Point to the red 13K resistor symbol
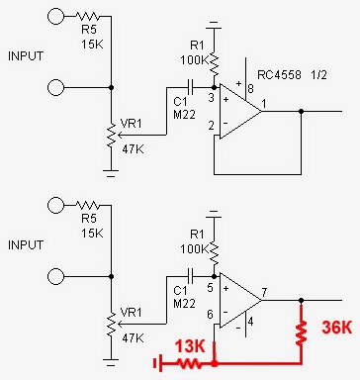[x=191, y=364]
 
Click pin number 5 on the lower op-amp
[x=210, y=288]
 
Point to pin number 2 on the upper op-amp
[x=210, y=127]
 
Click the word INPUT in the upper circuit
[x=25, y=55]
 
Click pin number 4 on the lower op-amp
[x=252, y=322]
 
